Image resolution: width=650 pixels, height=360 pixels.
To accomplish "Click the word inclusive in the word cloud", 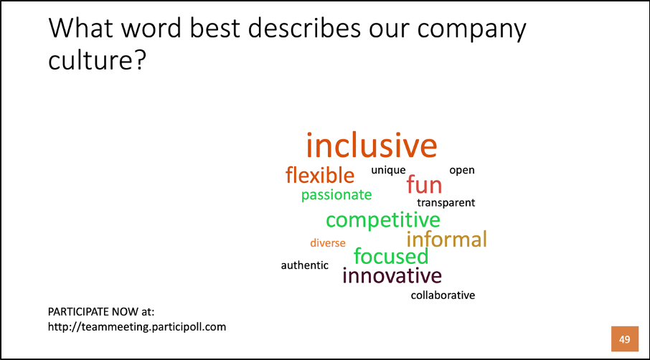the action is [372, 145].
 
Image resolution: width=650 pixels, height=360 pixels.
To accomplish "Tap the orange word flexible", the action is [320, 175].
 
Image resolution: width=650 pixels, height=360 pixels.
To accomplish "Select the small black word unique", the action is [388, 170].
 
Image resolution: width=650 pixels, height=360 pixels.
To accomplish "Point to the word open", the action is [462, 170].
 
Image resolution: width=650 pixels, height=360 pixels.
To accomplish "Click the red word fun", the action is [424, 184].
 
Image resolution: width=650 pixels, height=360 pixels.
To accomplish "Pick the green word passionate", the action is [336, 195].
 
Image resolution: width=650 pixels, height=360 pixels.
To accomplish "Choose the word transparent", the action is [446, 202].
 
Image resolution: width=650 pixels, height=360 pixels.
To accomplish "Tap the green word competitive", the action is [382, 219].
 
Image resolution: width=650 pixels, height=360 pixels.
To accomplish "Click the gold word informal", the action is [446, 239].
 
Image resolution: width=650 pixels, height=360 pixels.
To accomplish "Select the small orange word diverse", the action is [327, 243].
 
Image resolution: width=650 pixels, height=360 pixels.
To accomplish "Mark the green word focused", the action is [391, 257].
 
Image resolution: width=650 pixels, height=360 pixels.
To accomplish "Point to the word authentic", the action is [305, 265].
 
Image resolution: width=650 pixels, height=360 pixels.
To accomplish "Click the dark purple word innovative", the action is [392, 275].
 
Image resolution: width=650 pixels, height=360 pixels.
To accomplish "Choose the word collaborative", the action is [443, 295].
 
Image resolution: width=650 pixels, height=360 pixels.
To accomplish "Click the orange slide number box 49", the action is [625, 339].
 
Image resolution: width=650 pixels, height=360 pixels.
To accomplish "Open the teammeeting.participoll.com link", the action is [137, 327].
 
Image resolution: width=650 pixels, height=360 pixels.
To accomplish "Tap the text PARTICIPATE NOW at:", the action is [101, 311].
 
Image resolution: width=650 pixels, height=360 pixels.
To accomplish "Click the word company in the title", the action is [471, 29].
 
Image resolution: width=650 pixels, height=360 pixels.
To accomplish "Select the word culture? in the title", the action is [98, 60].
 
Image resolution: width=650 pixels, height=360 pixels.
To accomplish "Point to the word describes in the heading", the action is [304, 28].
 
